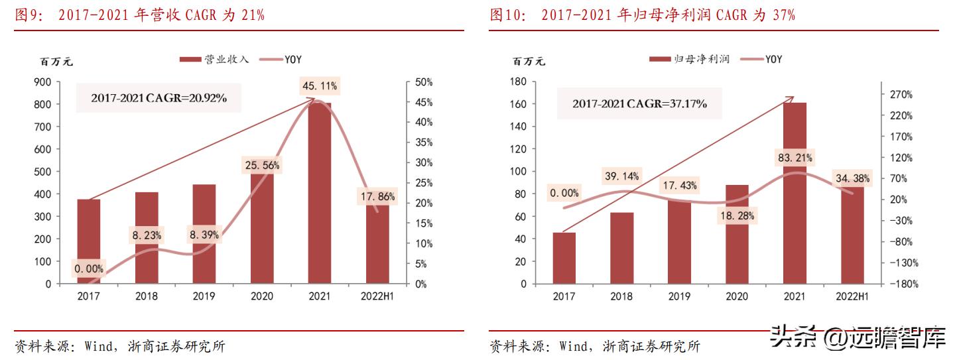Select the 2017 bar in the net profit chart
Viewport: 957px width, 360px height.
tap(564, 258)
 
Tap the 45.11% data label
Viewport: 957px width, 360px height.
tap(320, 86)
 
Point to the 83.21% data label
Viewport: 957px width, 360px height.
tap(794, 158)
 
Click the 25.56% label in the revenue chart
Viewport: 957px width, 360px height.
tap(261, 165)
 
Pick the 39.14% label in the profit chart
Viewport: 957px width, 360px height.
tap(621, 176)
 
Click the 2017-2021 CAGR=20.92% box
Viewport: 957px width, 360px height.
tap(159, 98)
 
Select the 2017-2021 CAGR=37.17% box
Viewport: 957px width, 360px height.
tap(639, 104)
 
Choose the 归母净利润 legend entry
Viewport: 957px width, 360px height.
tap(690, 59)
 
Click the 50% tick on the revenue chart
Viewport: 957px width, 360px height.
tap(423, 82)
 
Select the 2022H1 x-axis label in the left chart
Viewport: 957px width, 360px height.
tap(378, 296)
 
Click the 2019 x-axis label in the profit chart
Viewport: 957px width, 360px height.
tap(679, 296)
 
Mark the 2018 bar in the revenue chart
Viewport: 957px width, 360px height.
tap(147, 237)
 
